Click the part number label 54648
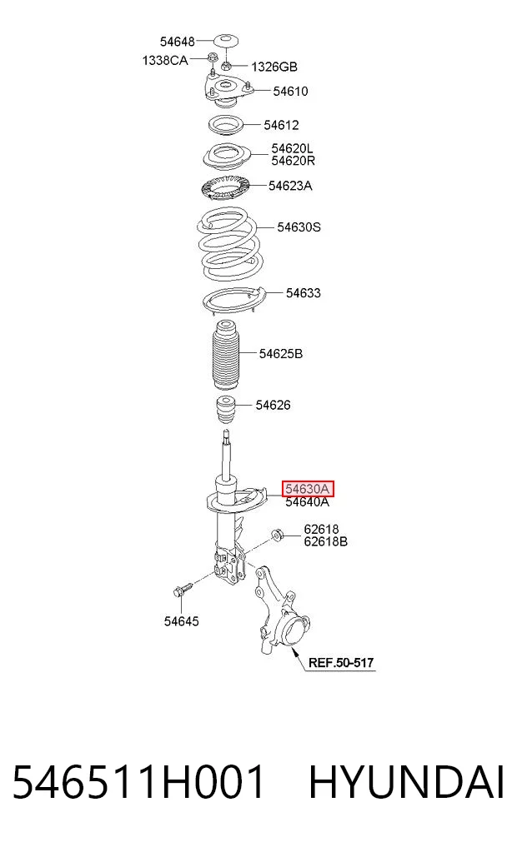(177, 42)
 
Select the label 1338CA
(165, 61)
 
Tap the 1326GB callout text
(274, 67)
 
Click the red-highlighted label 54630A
(307, 489)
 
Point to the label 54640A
(307, 502)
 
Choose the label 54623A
(290, 186)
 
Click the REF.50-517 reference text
(341, 662)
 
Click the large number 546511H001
(138, 782)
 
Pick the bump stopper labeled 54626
(226, 410)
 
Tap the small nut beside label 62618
(278, 536)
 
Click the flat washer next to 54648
(227, 41)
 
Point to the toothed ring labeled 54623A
(224, 188)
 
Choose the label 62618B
(325, 542)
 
